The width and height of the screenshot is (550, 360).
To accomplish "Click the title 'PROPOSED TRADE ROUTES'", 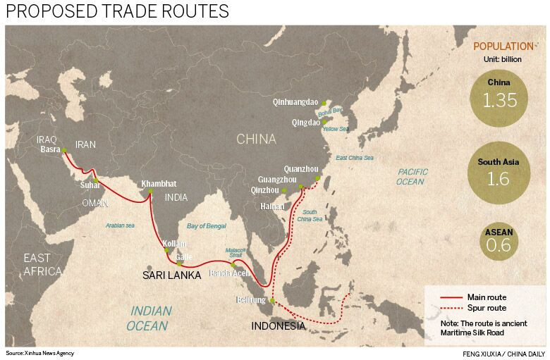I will tap(117, 12).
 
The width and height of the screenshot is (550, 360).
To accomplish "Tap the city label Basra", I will tap(49, 149).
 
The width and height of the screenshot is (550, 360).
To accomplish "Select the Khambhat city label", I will tap(159, 183).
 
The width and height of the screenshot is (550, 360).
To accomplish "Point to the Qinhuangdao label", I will tap(295, 102).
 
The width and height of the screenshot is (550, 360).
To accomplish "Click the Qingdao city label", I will tap(306, 121).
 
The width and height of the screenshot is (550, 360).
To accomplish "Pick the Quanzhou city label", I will tap(301, 169).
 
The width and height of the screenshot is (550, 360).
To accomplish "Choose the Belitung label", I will tap(252, 300).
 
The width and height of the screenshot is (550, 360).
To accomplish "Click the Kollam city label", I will tap(174, 243).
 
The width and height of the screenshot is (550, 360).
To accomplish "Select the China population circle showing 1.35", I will tap(499, 96).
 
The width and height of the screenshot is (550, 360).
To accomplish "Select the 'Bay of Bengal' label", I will tap(207, 226).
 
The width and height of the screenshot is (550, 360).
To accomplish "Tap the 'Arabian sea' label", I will tap(119, 225).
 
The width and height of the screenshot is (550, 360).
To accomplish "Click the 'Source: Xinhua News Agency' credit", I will tap(39, 353).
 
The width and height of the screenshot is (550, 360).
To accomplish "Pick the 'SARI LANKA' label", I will tap(173, 275).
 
